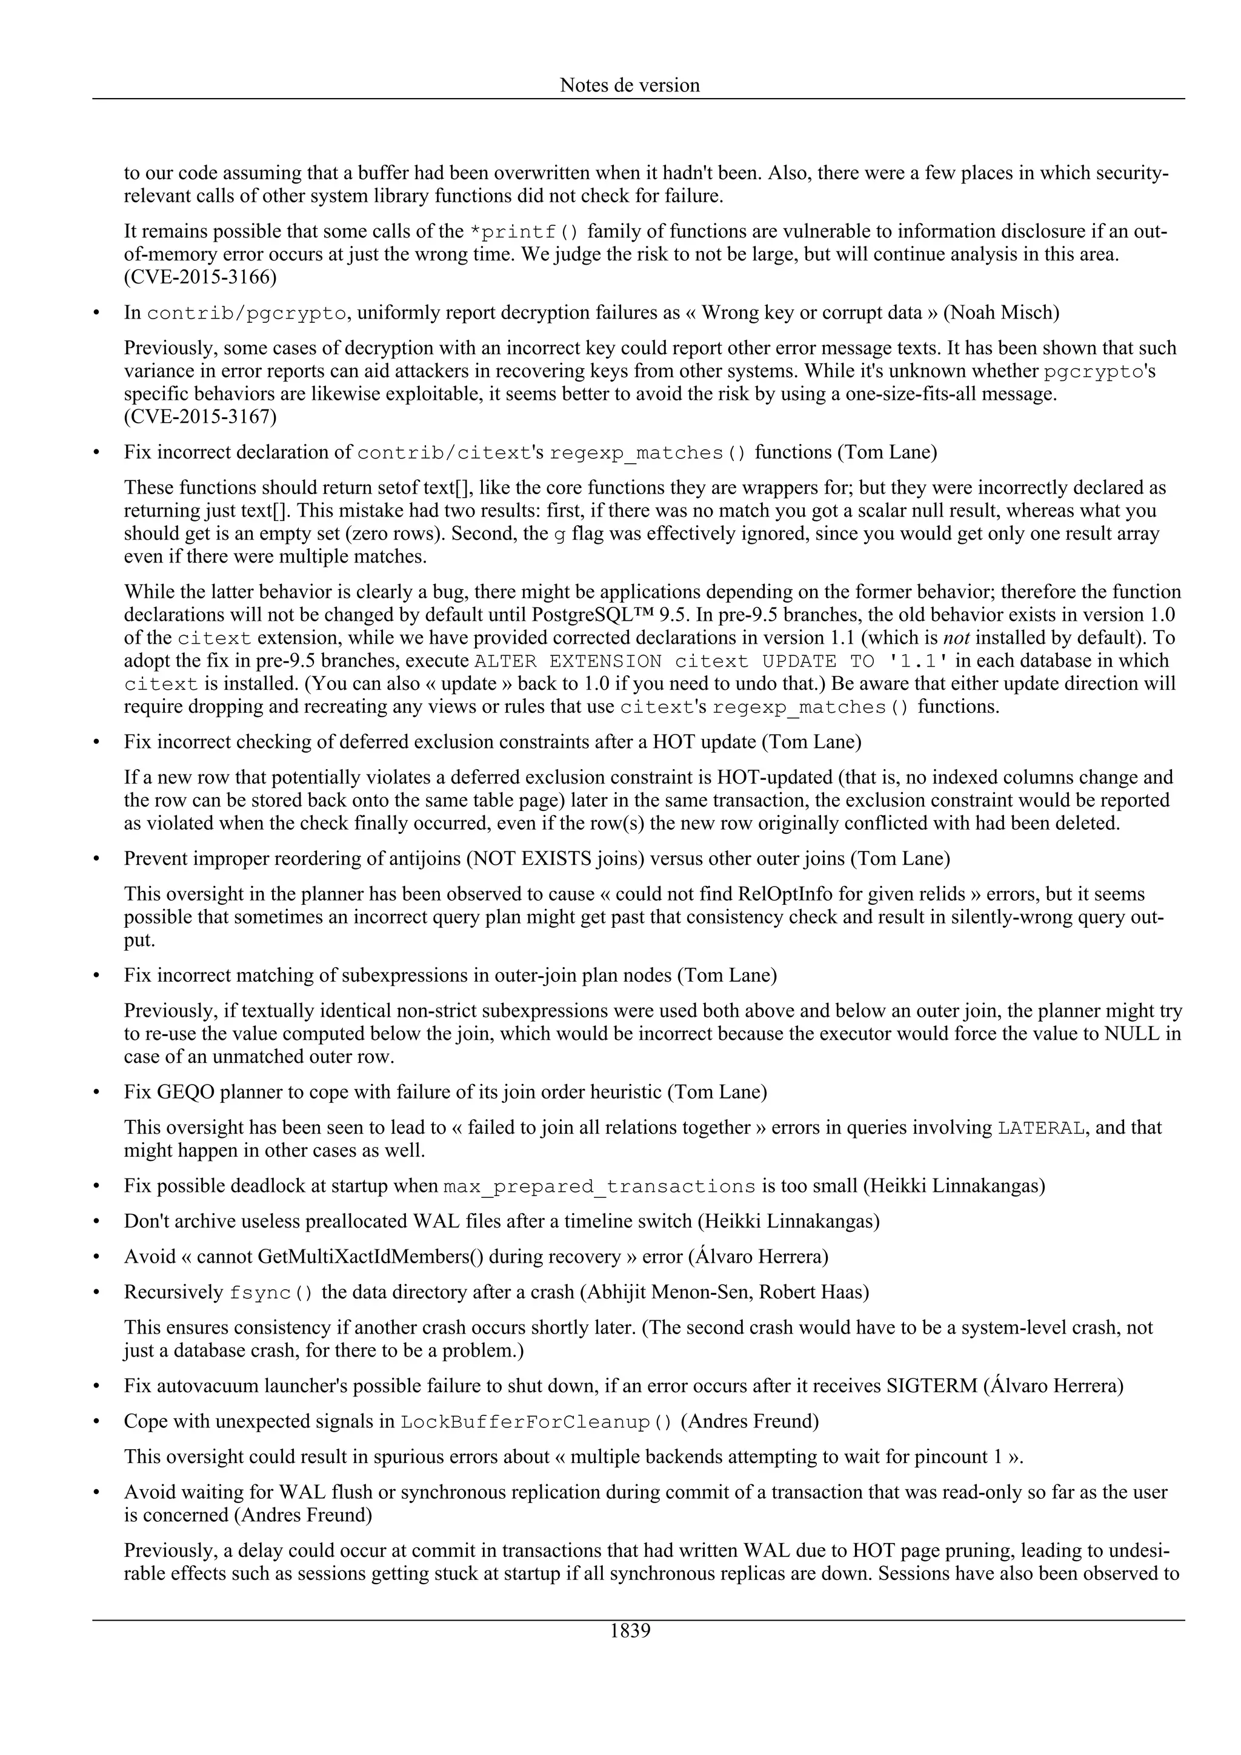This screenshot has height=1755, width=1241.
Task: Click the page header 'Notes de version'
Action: (630, 85)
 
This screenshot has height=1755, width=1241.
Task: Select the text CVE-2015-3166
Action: (201, 277)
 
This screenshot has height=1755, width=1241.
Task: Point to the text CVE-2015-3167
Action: (201, 417)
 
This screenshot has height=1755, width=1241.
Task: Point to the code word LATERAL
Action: (1040, 1128)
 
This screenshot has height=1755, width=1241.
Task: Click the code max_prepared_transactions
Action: (599, 1187)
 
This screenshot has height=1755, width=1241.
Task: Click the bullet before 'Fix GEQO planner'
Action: (96, 1092)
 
